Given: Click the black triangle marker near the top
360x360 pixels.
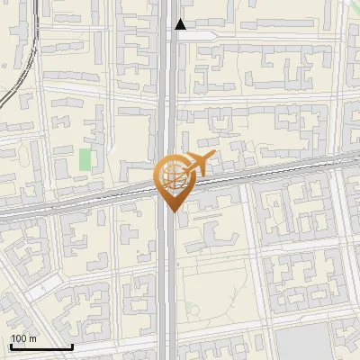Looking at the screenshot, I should [x=181, y=24].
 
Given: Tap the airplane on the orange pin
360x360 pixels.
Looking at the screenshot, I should [x=195, y=165].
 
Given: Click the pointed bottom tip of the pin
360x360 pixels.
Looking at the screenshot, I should [x=171, y=211].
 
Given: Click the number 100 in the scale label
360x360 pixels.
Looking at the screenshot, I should [x=19, y=338].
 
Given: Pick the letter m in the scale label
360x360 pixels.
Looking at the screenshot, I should [x=32, y=338].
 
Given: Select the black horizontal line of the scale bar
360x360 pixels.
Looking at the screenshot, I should [x=40, y=346].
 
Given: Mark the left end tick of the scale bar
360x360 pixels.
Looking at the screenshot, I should [x=10, y=345].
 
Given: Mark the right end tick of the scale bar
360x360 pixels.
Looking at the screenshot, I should [x=72, y=345].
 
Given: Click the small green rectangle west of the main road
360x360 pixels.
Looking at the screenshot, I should [x=85, y=159].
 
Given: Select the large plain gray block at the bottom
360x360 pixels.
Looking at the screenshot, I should [x=301, y=343].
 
